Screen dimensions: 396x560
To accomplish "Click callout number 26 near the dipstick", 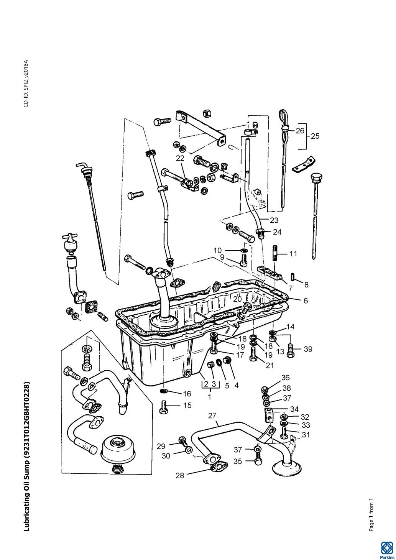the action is click(300, 131).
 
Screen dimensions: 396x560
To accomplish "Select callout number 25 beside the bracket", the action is click(315, 136).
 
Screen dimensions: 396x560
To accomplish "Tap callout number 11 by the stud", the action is click(293, 254).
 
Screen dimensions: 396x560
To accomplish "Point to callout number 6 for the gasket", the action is click(306, 301).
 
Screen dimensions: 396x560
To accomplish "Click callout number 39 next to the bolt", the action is click(308, 349).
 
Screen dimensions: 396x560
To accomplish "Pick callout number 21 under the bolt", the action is click(270, 366).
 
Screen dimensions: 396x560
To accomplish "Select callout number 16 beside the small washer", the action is click(187, 394).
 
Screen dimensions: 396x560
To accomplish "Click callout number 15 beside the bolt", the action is click(187, 405).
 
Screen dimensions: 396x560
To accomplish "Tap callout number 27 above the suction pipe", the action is click(212, 416).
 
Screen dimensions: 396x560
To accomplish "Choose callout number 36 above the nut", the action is click(285, 378).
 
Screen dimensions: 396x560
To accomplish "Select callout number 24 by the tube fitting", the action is click(277, 232).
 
